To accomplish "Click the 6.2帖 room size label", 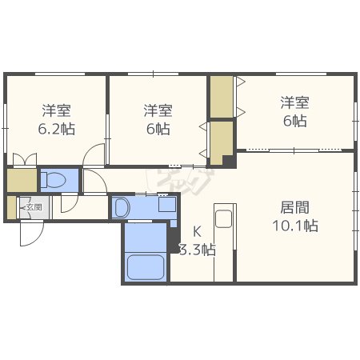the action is (57, 129).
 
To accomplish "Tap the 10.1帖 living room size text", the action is (295, 226).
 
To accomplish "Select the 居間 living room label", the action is (294, 207).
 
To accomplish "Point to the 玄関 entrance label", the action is (34, 207).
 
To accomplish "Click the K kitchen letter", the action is (197, 232).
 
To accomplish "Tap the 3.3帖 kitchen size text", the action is (198, 250).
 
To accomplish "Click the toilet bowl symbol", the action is (54, 179).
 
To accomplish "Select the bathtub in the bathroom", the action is (146, 267).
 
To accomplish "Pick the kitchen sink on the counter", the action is (224, 218).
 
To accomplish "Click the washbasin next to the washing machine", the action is (121, 207).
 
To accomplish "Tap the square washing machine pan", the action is (167, 204).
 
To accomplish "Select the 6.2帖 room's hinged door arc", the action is (94, 154).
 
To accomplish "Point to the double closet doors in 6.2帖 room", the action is (25, 159).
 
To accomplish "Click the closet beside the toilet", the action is (22, 180).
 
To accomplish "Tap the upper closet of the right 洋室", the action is (222, 97).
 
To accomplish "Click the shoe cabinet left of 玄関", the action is (11, 207).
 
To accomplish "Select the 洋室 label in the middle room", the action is (158, 110).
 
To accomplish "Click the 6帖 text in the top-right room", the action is (295, 121).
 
